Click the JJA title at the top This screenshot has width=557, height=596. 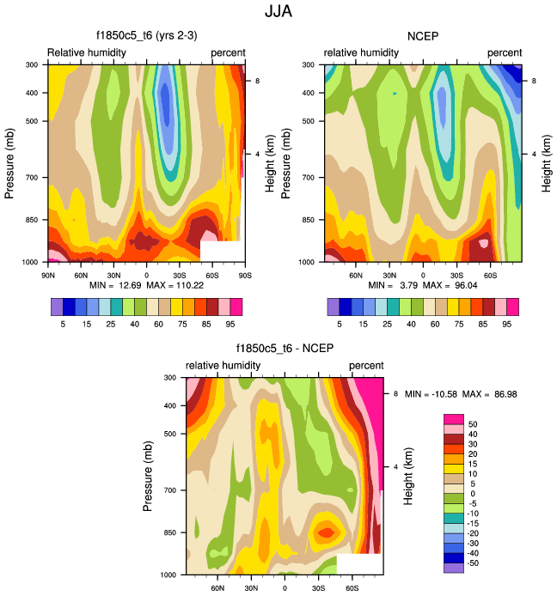point(278,14)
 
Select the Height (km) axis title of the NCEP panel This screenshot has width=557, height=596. point(547,162)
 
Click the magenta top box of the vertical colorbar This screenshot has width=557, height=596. point(453,418)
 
